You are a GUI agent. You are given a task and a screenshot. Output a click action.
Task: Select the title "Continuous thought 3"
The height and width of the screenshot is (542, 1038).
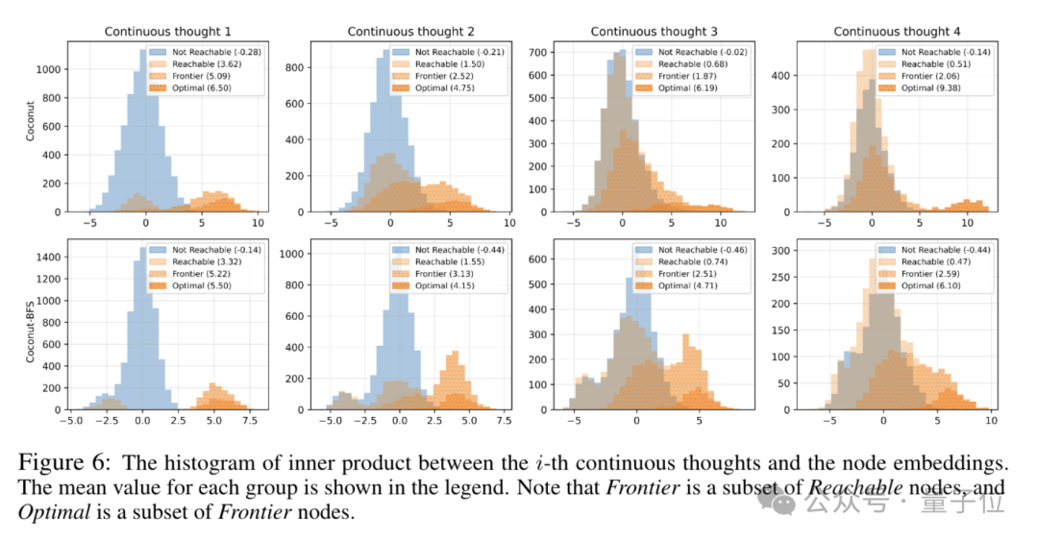653,31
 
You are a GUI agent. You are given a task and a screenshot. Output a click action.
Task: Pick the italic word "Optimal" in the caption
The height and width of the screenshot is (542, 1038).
50,510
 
